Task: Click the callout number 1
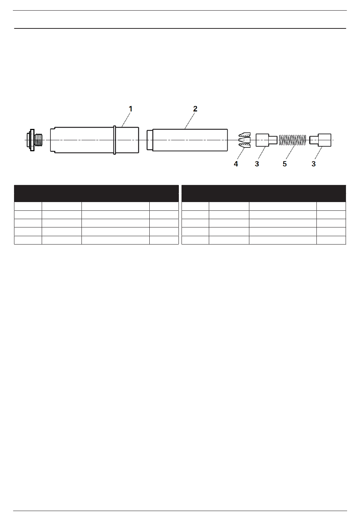[130, 109]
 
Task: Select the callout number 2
[195, 109]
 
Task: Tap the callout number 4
[236, 164]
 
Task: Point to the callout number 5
[285, 164]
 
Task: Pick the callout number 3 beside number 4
[257, 164]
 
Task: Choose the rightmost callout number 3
[313, 164]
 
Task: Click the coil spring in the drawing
[292, 140]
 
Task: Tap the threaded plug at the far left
[34, 140]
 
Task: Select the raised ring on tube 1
[114, 140]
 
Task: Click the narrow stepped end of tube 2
[150, 140]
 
